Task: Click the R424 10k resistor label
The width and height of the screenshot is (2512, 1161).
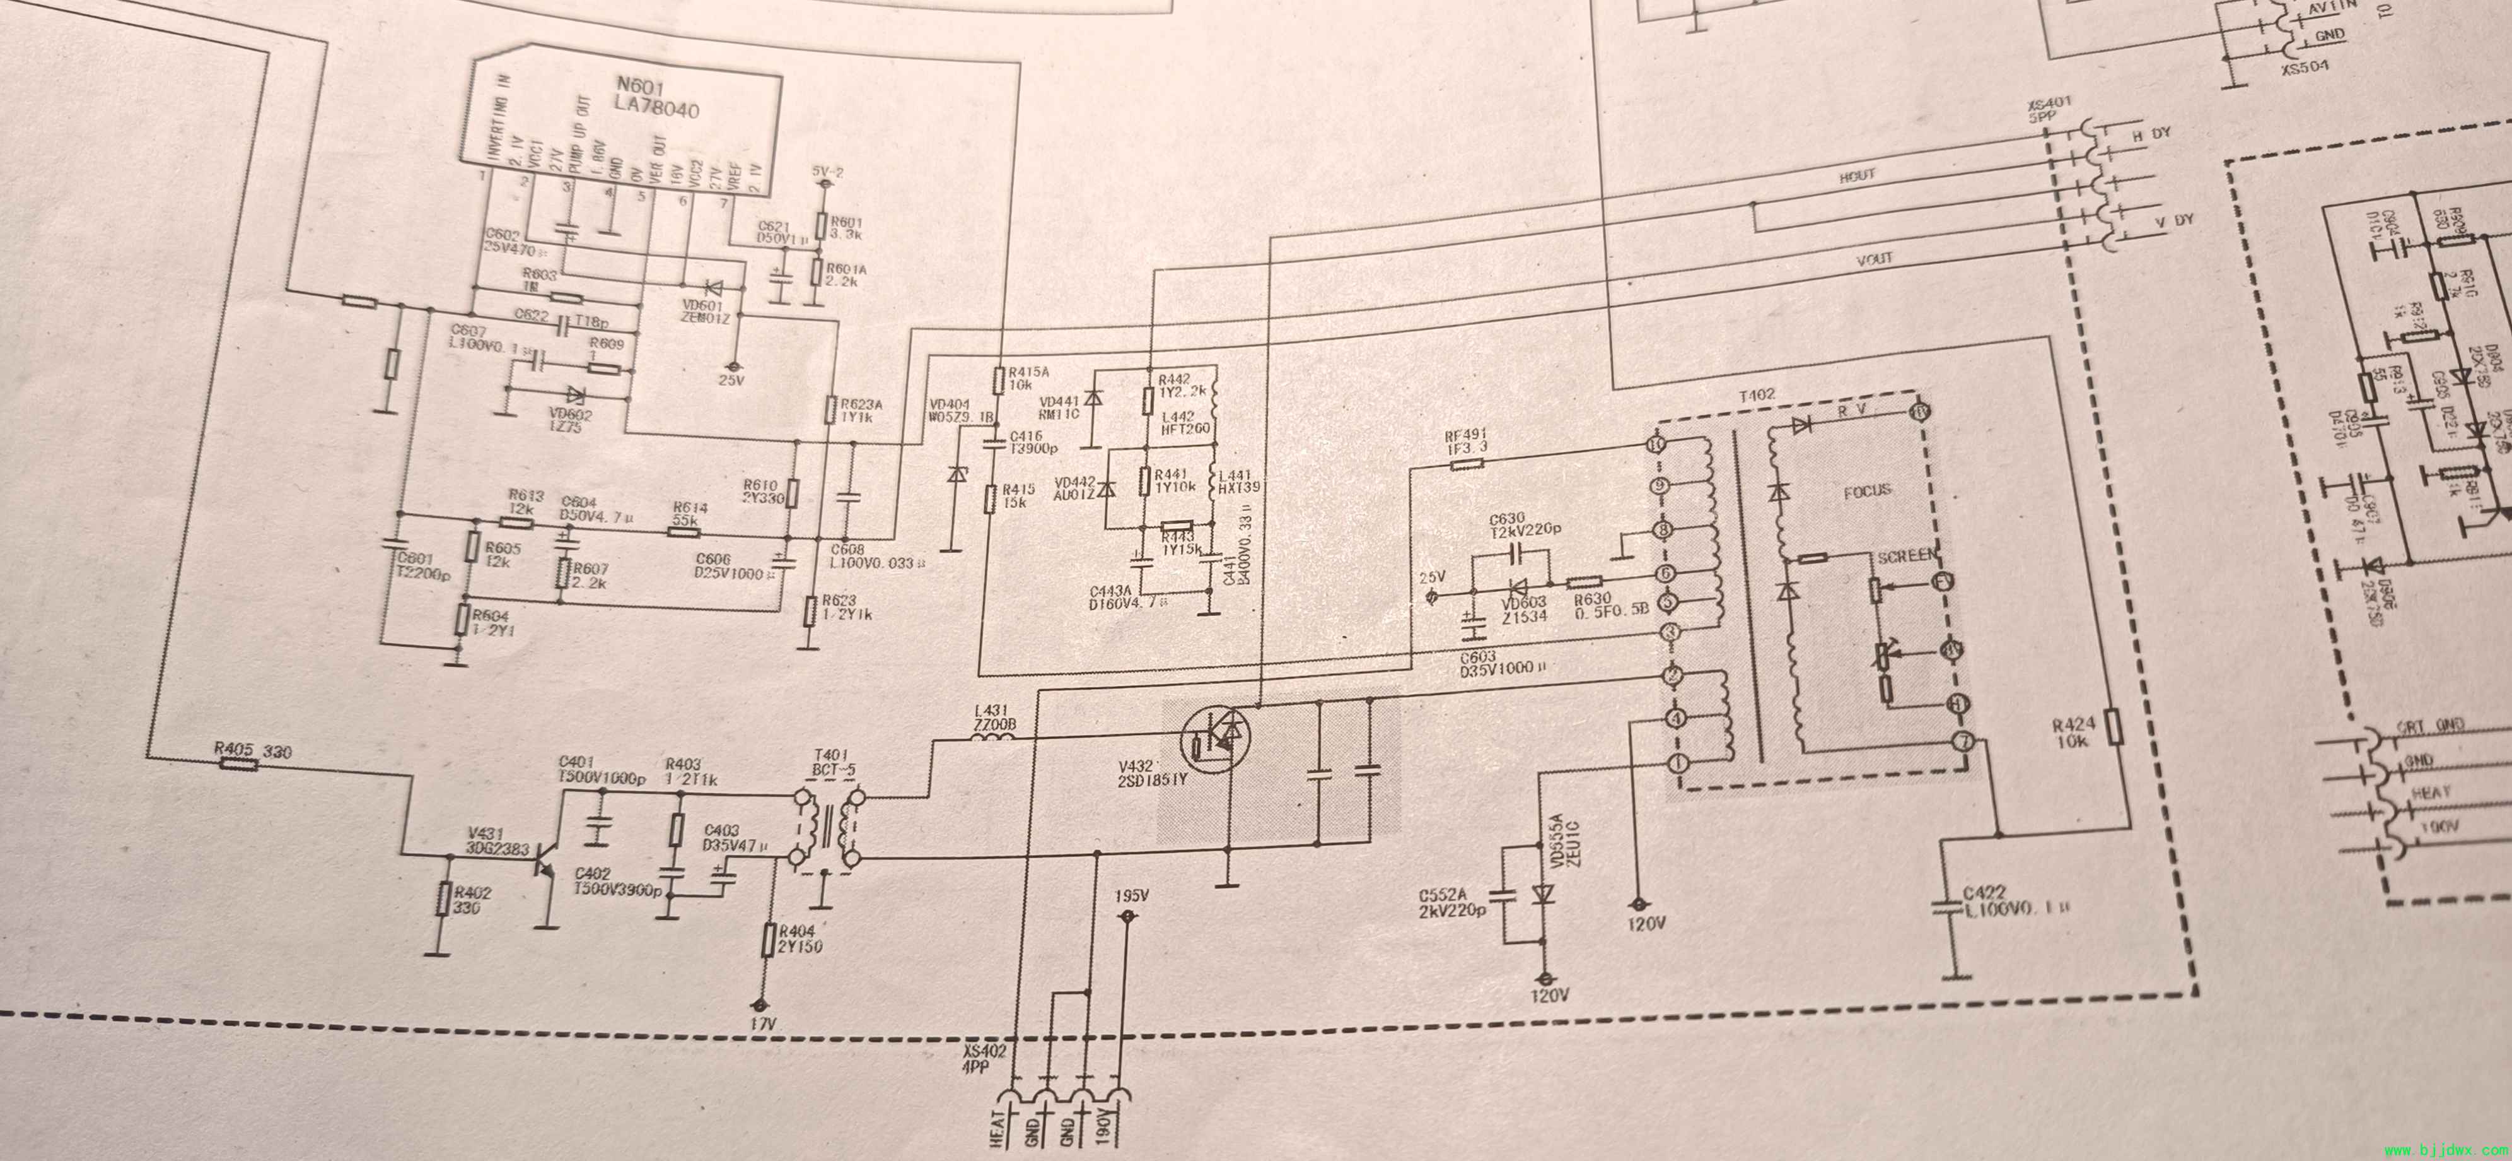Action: coord(2072,733)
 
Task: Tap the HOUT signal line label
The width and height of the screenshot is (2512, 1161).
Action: coord(1857,175)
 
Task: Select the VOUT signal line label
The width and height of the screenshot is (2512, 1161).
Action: coord(1875,259)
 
